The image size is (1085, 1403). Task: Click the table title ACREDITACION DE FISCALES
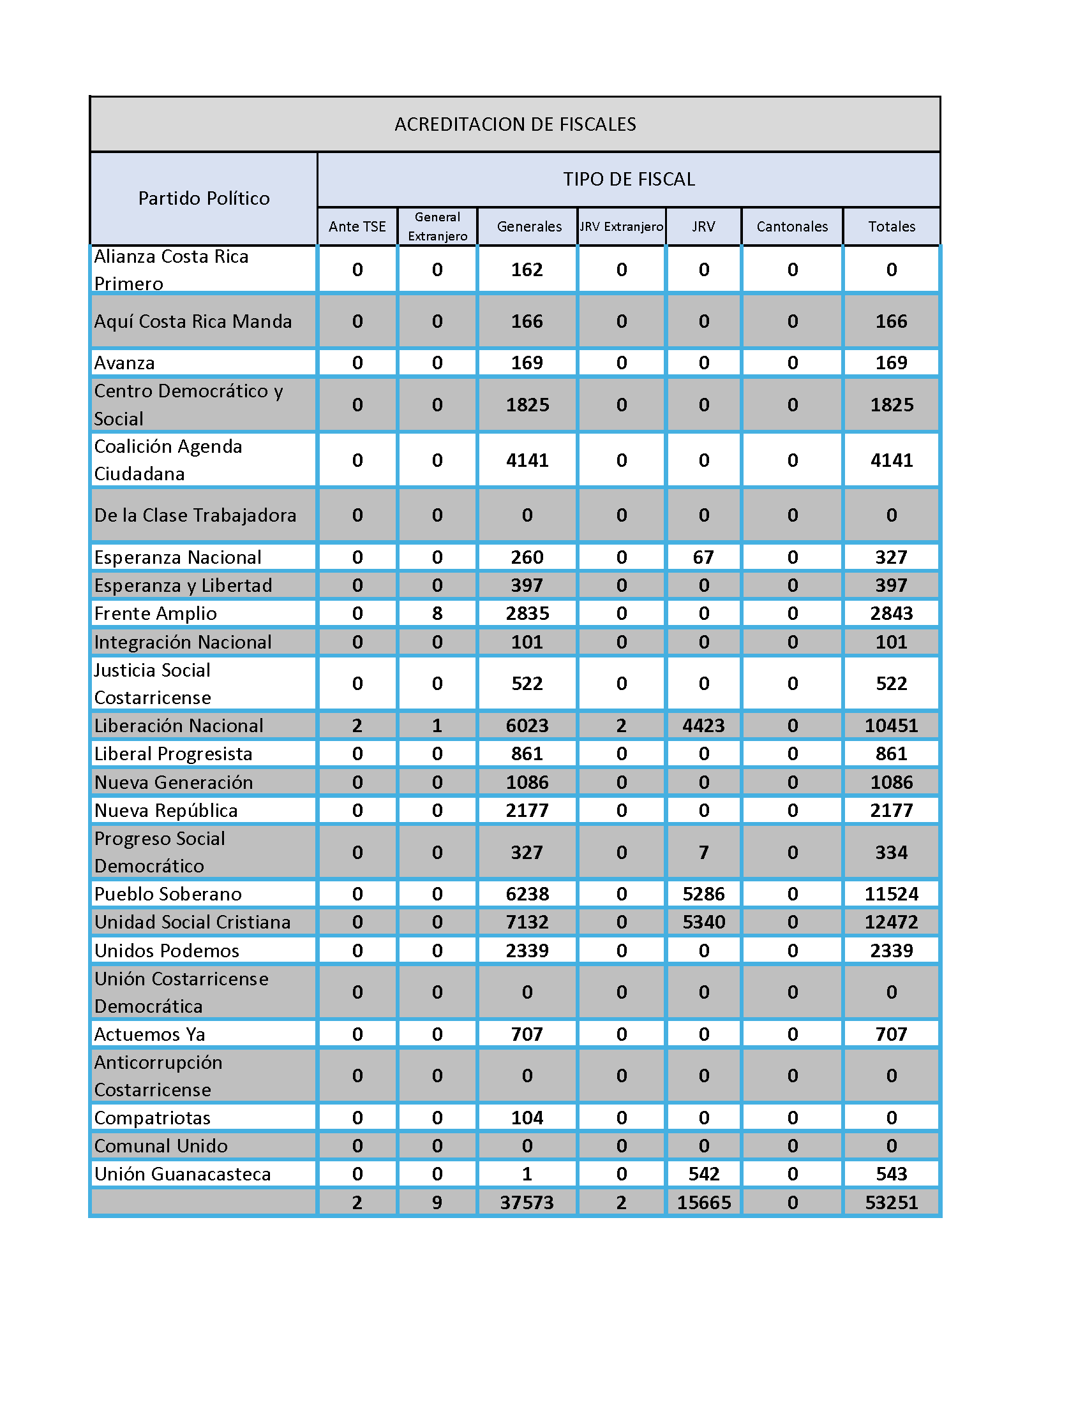click(x=515, y=124)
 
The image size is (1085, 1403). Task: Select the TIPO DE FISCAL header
click(x=629, y=179)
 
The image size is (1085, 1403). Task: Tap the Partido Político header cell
click(x=204, y=198)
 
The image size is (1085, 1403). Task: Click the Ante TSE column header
click(x=357, y=226)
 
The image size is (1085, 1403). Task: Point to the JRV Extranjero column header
click(x=621, y=226)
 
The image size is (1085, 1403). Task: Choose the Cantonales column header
click(x=792, y=226)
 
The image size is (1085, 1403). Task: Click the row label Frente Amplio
click(x=156, y=613)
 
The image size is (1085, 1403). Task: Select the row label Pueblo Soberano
click(x=168, y=893)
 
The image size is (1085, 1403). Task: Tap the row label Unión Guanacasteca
click(x=183, y=1173)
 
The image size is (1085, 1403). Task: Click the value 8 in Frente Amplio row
click(x=437, y=613)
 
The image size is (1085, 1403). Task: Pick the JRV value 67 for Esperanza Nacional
click(x=703, y=557)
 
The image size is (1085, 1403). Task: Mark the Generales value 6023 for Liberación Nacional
click(x=527, y=725)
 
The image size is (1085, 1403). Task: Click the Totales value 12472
click(x=891, y=922)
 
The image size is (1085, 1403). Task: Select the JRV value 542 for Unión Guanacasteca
click(x=703, y=1173)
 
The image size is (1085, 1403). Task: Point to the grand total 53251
click(x=891, y=1202)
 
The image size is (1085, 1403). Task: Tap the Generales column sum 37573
click(x=527, y=1202)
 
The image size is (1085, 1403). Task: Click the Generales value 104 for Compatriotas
click(x=527, y=1118)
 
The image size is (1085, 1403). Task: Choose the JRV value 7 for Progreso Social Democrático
click(x=703, y=853)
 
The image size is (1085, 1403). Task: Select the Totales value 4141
click(x=891, y=460)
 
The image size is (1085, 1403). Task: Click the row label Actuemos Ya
click(x=150, y=1034)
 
